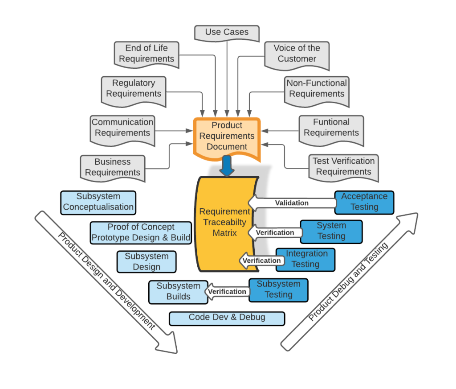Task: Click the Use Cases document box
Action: coord(227,33)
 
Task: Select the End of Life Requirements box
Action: coord(147,54)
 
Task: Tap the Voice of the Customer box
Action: coord(297,54)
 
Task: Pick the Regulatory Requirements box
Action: coord(134,88)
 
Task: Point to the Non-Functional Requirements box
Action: coord(317,89)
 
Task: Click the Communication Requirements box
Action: coord(122,128)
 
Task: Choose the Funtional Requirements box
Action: coord(331,128)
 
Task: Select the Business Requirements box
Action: coord(113,167)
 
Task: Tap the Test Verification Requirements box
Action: coord(343,166)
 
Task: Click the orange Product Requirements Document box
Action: coord(227,136)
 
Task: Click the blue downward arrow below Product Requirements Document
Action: coord(227,166)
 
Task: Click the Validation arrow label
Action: coord(291,203)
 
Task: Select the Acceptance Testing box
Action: coord(364,202)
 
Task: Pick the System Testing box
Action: coord(331,231)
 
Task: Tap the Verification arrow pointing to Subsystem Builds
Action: coord(227,291)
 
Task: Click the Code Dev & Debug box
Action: coord(227,318)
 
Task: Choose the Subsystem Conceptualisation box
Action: coord(98,202)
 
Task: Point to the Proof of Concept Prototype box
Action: coord(141,232)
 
